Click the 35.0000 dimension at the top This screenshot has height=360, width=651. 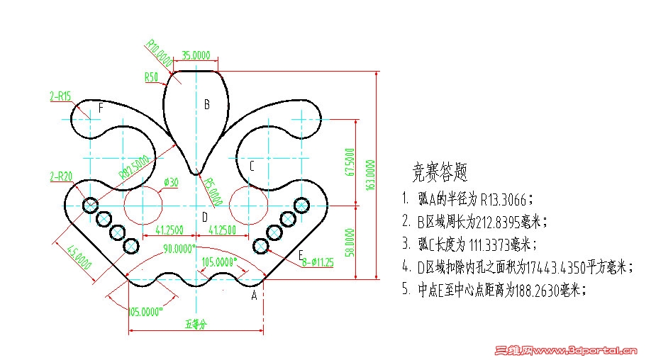tap(196, 54)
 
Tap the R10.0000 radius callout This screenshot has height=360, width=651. tap(159, 54)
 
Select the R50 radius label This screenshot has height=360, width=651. tap(150, 76)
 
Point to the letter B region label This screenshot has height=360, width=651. tap(207, 105)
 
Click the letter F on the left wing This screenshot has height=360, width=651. tap(101, 108)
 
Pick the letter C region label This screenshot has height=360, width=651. tap(251, 166)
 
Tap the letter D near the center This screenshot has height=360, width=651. tap(204, 217)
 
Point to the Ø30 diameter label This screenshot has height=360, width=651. tap(171, 182)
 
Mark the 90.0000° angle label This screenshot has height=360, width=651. tap(179, 249)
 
